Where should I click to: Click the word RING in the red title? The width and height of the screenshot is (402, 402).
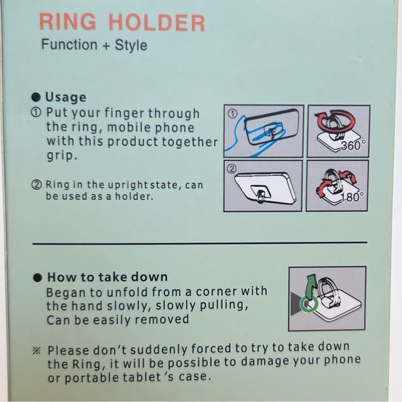pos(68,21)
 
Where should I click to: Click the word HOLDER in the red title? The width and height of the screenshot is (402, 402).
pos(157,23)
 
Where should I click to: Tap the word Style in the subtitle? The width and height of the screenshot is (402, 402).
pos(131,45)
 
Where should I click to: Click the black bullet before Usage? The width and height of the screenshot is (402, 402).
pos(36,97)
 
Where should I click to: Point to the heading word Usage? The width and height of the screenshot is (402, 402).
pos(66,98)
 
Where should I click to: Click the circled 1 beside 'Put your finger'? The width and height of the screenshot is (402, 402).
pos(36,112)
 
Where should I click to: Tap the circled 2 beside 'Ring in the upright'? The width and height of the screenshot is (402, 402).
pos(37,184)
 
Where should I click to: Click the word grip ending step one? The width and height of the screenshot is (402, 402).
pos(62,156)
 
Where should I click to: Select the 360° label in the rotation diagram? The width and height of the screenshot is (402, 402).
pos(353,146)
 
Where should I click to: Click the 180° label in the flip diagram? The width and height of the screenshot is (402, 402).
pos(352,197)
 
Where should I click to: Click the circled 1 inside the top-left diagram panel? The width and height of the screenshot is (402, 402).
pos(232,114)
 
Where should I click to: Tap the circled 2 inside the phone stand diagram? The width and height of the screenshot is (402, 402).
pos(232,168)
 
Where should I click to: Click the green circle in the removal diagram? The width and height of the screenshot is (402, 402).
pos(309,304)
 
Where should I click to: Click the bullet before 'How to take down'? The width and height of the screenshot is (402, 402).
pos(37,278)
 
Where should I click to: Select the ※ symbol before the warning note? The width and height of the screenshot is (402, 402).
pos(37,351)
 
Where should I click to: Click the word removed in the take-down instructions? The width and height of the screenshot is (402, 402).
pos(161,320)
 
